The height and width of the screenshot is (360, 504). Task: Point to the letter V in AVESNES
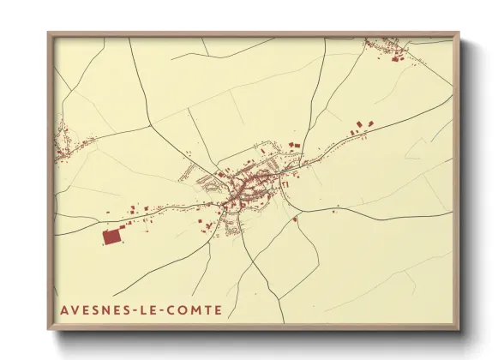[75, 309]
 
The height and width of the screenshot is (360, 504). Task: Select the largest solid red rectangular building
[111, 236]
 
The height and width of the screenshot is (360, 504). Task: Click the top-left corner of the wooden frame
[48, 33]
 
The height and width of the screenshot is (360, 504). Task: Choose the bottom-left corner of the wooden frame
[48, 329]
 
